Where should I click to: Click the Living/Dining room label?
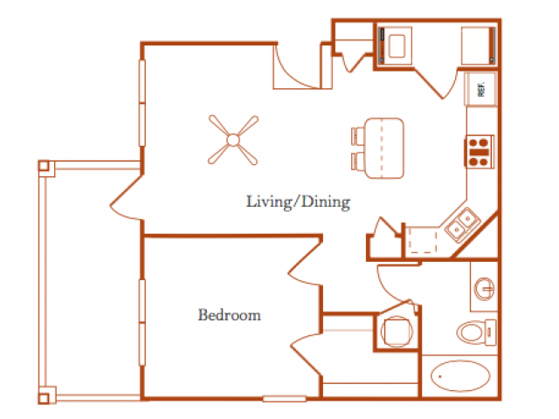[299, 202]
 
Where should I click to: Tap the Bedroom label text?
[229, 315]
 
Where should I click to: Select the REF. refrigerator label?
[481, 89]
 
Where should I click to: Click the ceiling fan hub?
[233, 140]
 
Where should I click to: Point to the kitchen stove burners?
[479, 152]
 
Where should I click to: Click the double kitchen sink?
[462, 224]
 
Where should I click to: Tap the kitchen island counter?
[384, 148]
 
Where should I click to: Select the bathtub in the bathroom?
[460, 376]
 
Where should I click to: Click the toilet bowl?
[471, 332]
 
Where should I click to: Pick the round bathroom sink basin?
[485, 288]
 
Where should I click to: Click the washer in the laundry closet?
[396, 46]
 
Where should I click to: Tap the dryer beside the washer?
[478, 46]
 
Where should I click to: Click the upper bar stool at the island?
[358, 136]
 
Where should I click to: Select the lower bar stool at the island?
[358, 161]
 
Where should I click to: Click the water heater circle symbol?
[397, 332]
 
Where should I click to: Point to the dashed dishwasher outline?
[423, 241]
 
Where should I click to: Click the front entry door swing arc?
[297, 72]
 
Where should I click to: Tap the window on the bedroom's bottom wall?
[284, 399]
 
